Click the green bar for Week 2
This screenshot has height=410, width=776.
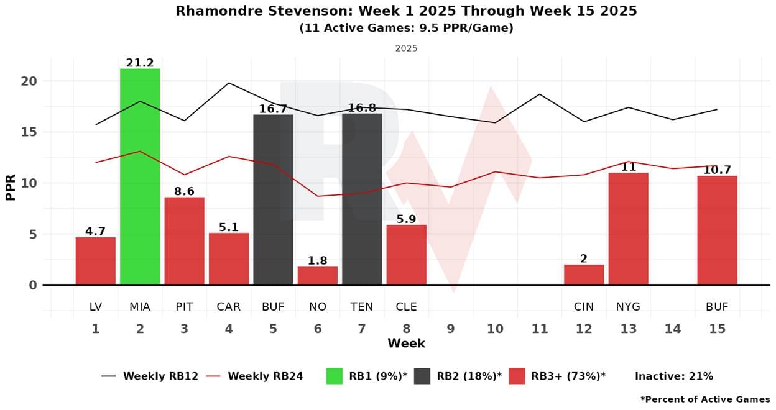tap(140, 177)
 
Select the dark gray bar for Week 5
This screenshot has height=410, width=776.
tap(273, 199)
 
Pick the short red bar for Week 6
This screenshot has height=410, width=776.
tap(318, 276)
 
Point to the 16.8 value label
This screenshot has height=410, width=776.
tap(362, 109)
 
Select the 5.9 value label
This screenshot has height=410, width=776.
tap(407, 219)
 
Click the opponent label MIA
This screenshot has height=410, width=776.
tap(140, 307)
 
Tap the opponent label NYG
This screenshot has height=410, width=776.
tap(628, 307)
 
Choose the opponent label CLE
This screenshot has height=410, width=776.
tap(407, 307)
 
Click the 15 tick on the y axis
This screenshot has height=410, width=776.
tap(29, 132)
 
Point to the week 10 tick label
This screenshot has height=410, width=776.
tap(495, 329)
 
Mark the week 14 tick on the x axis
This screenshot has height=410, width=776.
tap(673, 329)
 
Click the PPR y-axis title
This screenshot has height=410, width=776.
tap(10, 183)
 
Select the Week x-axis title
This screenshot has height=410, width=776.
tap(406, 344)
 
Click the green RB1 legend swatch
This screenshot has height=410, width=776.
tap(334, 376)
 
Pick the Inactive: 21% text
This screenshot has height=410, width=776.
tap(673, 376)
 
